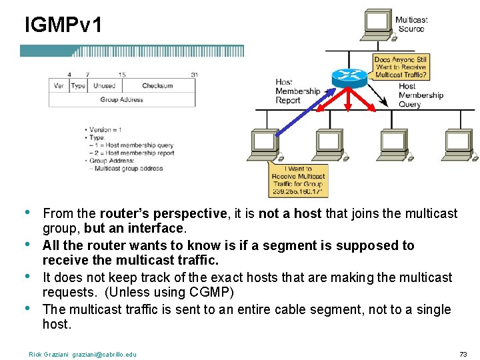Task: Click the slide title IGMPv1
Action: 63,26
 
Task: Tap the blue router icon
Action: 349,77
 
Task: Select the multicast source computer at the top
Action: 377,24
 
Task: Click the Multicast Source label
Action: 411,24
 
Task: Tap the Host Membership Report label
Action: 297,91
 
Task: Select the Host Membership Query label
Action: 421,95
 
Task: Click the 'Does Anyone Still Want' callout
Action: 401,67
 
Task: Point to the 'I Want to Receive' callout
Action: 298,181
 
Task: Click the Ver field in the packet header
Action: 59,85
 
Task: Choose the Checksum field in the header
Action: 157,85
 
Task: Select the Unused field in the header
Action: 104,85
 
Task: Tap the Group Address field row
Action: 122,99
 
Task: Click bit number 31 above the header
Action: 193,74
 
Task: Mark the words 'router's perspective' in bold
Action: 163,213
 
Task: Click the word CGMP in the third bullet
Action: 209,293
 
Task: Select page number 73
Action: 463,354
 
